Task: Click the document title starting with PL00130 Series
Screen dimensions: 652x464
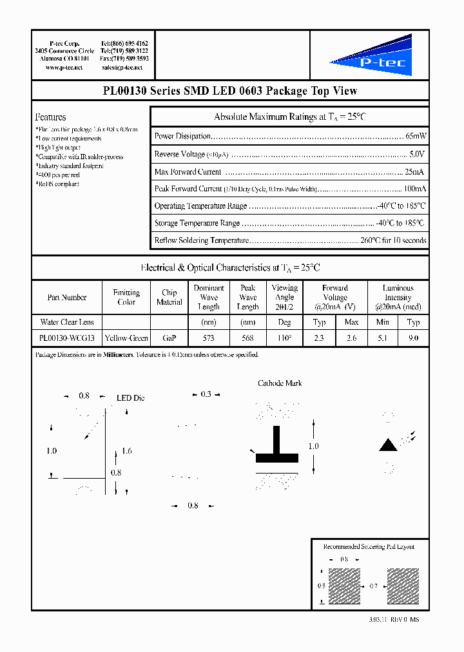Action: [x=230, y=91]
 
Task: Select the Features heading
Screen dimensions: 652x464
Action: [x=50, y=117]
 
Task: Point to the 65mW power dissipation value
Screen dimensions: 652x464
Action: [x=416, y=137]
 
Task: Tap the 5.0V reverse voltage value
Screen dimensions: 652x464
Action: [x=417, y=155]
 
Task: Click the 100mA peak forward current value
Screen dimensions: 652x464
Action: [x=414, y=189]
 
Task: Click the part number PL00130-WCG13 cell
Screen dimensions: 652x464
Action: [x=66, y=338]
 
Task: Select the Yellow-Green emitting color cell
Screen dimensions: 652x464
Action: [x=126, y=338]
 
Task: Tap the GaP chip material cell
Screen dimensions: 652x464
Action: [x=169, y=338]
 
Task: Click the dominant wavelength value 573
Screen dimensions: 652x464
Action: [x=208, y=338]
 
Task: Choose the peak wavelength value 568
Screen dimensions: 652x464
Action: [x=247, y=338]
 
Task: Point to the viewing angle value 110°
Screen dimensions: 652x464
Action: [x=284, y=338]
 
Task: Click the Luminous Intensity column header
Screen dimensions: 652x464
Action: [x=398, y=297]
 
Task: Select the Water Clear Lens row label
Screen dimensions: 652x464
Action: [x=66, y=322]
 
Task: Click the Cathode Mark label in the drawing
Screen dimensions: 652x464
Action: [x=280, y=383]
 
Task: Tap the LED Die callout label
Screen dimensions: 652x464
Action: [x=130, y=398]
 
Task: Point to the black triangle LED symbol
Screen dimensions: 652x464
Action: [x=387, y=445]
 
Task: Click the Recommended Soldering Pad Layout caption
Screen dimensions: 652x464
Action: [x=369, y=546]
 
